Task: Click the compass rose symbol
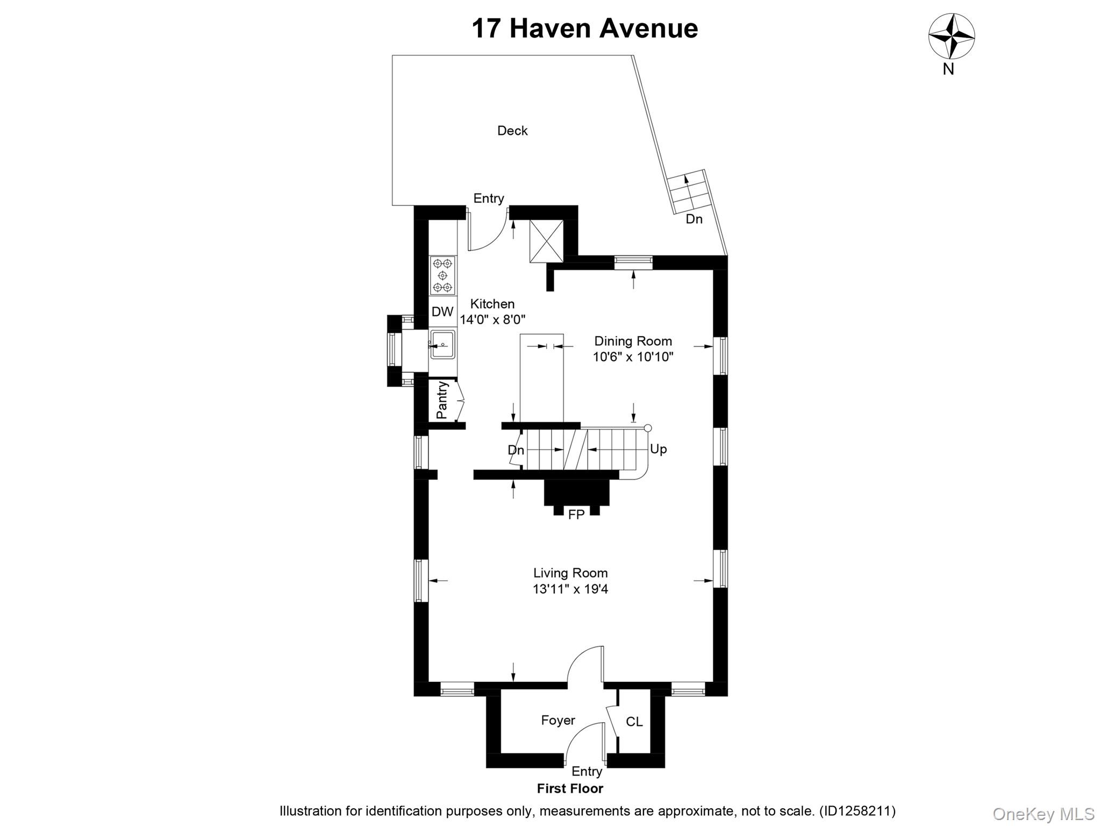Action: click(x=952, y=36)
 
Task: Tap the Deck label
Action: click(x=512, y=131)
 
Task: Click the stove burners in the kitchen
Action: click(x=443, y=275)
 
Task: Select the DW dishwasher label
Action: click(x=442, y=311)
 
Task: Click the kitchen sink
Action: click(x=443, y=344)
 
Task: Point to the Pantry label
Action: click(x=442, y=400)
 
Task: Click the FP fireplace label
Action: click(x=576, y=515)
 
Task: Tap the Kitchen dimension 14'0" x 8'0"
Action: click(x=492, y=319)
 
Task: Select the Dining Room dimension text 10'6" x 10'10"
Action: click(x=633, y=357)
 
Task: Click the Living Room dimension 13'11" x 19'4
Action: click(x=570, y=589)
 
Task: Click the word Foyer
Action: click(x=558, y=720)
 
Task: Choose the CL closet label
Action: click(x=634, y=722)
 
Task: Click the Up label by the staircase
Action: click(x=658, y=449)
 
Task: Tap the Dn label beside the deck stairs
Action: click(x=694, y=219)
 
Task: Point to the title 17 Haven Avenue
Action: click(x=584, y=29)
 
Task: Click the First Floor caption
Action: click(x=570, y=788)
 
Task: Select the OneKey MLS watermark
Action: click(x=1043, y=814)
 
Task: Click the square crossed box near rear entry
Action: click(x=546, y=241)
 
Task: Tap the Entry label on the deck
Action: click(x=488, y=198)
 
